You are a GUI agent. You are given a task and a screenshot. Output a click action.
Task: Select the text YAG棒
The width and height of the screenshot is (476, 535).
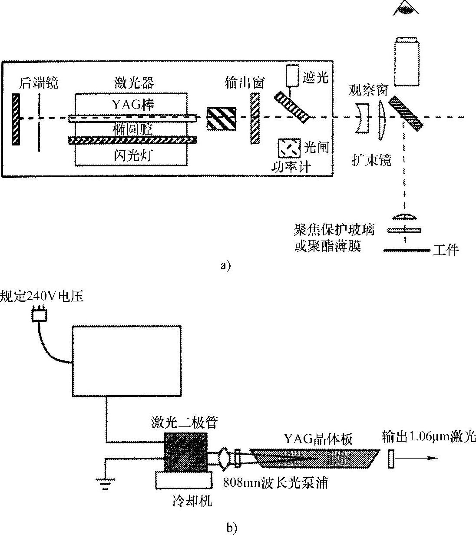132,105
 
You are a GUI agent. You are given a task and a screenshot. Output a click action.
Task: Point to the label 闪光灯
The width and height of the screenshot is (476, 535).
132,155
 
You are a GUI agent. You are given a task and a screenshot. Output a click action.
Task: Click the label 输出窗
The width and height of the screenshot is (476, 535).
245,83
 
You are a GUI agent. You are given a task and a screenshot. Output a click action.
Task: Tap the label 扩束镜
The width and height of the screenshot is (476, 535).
371,160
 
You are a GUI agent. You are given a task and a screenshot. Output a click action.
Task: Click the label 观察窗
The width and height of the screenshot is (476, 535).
368,91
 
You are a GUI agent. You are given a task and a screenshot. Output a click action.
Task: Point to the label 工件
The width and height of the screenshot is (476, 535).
446,250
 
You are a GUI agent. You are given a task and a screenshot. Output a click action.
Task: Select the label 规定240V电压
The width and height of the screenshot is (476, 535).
42,297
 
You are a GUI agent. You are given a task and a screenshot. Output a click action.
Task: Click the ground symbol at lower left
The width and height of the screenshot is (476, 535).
105,484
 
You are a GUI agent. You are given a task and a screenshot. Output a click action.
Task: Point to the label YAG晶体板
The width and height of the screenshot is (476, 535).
318,439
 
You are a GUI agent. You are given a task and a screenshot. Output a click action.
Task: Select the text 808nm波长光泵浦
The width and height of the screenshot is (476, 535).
275,483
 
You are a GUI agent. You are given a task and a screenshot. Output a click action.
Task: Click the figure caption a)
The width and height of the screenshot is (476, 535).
226,266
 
